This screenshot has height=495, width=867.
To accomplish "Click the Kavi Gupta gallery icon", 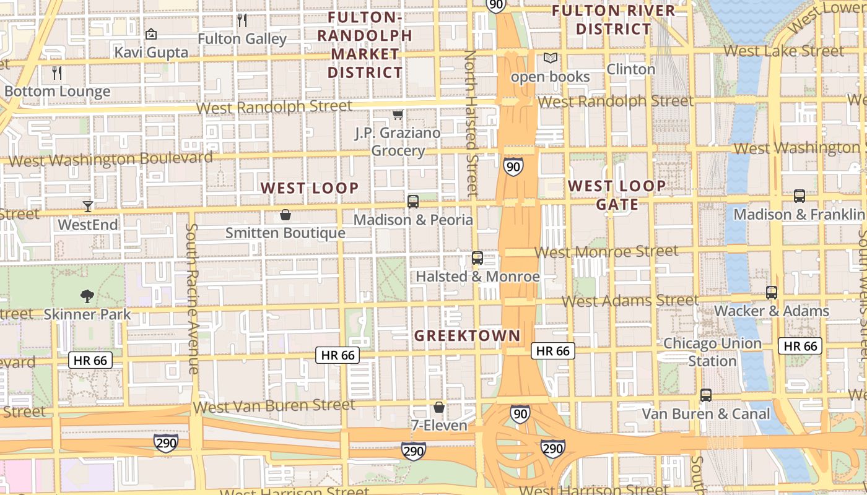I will pos(151,34).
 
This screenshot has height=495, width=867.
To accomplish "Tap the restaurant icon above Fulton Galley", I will pos(242,20).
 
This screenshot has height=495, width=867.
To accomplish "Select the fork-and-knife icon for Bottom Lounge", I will pos(57,73).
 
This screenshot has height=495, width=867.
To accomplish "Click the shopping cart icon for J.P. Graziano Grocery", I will pos(398,114).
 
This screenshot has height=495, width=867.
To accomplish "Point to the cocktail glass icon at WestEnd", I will pos(88,206).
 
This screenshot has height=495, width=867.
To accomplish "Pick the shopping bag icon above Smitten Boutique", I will pos(285,215).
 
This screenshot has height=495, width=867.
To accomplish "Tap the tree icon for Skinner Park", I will pos(87,296).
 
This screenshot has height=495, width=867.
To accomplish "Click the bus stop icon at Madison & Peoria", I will pos(413,201).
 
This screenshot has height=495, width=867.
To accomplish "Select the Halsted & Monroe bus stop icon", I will pos(477,258).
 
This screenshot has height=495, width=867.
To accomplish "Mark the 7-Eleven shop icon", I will pos(439,407).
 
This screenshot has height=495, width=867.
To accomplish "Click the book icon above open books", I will pos(550,58).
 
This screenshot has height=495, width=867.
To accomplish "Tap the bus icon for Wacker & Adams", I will pos(772,293).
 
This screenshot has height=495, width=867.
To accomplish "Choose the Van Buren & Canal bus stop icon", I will pos(706,395).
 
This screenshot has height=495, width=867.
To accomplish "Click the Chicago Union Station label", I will pos(712,352).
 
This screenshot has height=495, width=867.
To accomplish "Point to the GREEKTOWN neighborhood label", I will pos(467,336).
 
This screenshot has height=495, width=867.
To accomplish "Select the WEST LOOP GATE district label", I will pos(617,195).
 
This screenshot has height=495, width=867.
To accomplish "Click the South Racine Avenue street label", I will pos(192,298).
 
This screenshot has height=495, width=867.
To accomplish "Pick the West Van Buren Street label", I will pos(274,407).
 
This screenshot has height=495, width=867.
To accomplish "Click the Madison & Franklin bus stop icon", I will pos(799,196).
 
